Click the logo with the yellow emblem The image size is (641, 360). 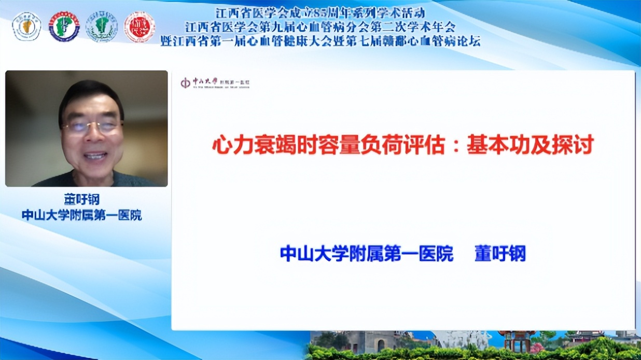[26, 26]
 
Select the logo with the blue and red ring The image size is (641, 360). [64, 26]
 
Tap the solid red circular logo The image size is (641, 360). [139, 27]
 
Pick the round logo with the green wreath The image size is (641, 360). [102, 27]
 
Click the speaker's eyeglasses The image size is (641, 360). [92, 126]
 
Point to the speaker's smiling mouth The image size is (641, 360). [95, 155]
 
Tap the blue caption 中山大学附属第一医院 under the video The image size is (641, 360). [82, 215]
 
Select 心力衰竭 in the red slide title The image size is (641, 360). [246, 146]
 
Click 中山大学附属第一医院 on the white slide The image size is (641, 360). [366, 254]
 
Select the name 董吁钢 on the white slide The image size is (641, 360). [500, 254]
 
